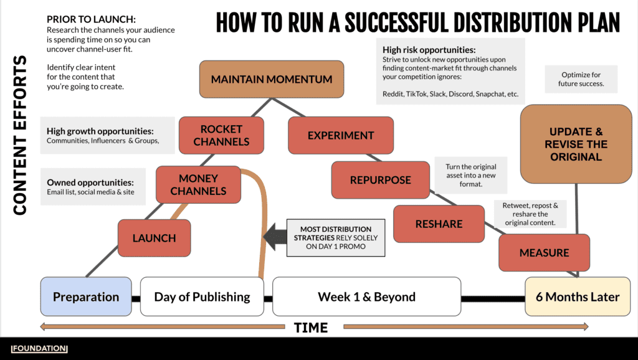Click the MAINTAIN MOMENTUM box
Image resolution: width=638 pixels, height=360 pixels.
tap(271, 80)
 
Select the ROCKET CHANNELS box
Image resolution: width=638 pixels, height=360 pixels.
tap(221, 135)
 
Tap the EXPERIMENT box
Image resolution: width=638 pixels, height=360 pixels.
tap(341, 135)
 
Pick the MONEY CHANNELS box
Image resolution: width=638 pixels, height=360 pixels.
tap(198, 184)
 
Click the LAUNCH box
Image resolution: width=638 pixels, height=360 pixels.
tap(154, 238)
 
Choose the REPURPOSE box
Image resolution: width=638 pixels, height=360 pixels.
tap(380, 180)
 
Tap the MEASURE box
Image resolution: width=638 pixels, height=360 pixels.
tap(544, 253)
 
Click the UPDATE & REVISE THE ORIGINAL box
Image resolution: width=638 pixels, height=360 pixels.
tap(576, 144)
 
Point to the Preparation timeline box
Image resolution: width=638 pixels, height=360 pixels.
tap(86, 296)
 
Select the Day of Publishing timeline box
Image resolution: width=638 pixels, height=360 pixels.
tap(202, 296)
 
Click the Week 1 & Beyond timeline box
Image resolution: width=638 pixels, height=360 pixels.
tap(366, 296)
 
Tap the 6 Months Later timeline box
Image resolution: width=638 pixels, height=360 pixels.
tap(578, 296)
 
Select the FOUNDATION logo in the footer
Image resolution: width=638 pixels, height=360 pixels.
tap(39, 349)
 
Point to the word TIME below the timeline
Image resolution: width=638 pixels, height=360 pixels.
tap(310, 327)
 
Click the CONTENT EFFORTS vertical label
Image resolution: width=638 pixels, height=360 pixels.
tap(20, 135)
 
